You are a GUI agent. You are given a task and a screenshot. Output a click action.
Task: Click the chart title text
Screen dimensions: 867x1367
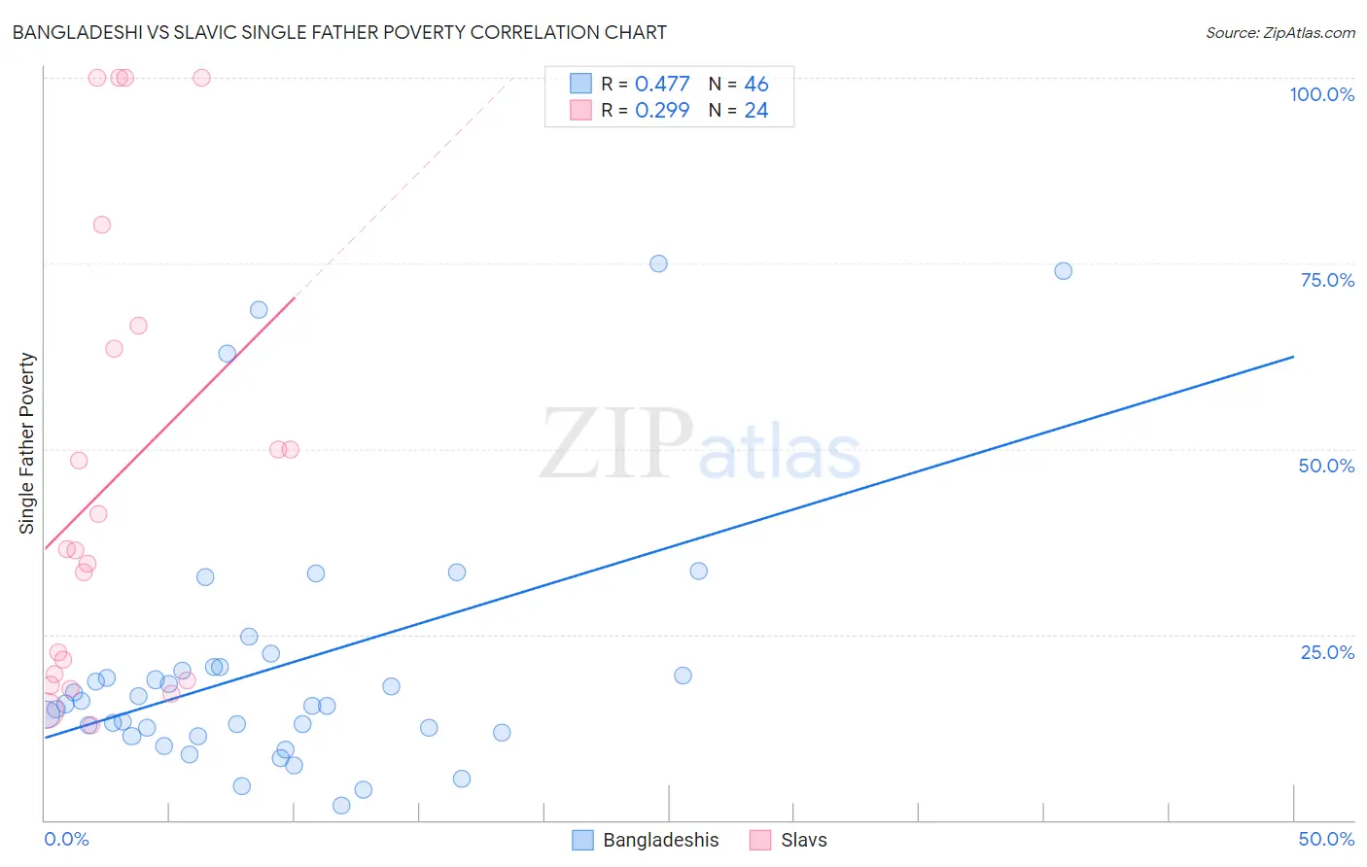pyautogui.click(x=339, y=32)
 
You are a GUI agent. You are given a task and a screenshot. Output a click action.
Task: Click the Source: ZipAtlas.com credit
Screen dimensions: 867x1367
pyautogui.click(x=1279, y=32)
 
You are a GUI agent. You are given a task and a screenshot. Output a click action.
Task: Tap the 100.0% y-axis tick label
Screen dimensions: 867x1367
pyautogui.click(x=1321, y=94)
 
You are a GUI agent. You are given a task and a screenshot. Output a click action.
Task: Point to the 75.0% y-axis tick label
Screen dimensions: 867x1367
pyautogui.click(x=1327, y=280)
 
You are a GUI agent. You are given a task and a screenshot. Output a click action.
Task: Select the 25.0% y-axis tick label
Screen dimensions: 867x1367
pyautogui.click(x=1327, y=652)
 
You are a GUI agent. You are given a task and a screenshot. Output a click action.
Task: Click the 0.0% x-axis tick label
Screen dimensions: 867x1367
pyautogui.click(x=66, y=839)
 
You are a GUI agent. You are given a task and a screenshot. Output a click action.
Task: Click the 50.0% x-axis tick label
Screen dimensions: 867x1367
pyautogui.click(x=1326, y=839)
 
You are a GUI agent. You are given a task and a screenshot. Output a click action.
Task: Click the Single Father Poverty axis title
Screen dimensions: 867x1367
pyautogui.click(x=26, y=443)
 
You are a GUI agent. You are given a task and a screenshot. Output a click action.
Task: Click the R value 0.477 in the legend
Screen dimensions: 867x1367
pyautogui.click(x=662, y=85)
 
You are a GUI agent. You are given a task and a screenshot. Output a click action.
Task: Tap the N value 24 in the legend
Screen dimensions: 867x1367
pyautogui.click(x=755, y=111)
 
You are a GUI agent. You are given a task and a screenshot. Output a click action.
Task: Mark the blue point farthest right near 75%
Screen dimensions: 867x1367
pyautogui.click(x=1064, y=271)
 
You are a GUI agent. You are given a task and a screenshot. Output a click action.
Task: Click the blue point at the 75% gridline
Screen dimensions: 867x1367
pyautogui.click(x=658, y=263)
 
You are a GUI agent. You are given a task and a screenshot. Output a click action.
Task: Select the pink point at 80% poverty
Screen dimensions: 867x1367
pyautogui.click(x=102, y=225)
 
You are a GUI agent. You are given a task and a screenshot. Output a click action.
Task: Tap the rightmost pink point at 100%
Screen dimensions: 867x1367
pyautogui.click(x=201, y=78)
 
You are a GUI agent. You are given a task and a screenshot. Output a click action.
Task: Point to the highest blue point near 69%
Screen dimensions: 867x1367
pyautogui.click(x=259, y=310)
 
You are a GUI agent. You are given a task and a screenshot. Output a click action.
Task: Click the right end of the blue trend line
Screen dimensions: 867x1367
pyautogui.click(x=1293, y=357)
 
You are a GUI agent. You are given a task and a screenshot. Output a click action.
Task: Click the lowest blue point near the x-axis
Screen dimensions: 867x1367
pyautogui.click(x=341, y=806)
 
